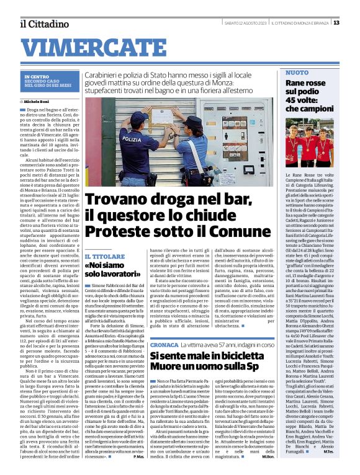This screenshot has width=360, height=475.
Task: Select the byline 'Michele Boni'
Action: point(39,101)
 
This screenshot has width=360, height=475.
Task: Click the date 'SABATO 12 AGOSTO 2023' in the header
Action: point(245,23)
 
